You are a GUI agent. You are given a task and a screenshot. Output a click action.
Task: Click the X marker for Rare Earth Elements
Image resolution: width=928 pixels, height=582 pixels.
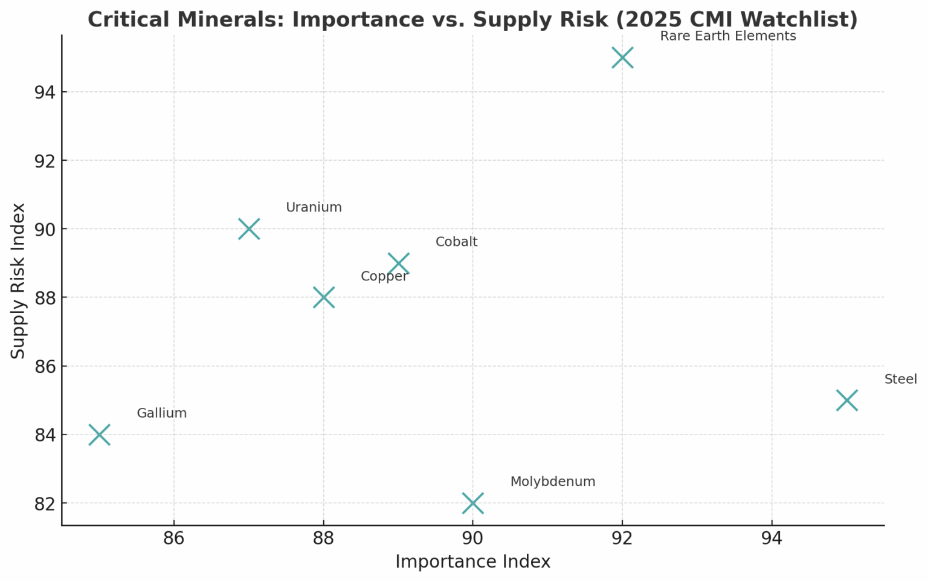coord(622,58)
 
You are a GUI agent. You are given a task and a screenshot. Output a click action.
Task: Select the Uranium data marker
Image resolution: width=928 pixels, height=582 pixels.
coord(249,229)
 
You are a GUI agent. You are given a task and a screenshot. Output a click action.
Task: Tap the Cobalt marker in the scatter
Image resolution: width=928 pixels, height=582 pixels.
coord(399,264)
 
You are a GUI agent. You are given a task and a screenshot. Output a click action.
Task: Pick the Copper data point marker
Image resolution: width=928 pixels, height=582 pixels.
coord(324,297)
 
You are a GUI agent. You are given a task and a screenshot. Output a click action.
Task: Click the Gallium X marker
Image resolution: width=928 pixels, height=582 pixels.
coord(99,435)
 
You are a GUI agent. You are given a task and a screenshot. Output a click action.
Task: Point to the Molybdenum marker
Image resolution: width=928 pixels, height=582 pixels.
coord(472,503)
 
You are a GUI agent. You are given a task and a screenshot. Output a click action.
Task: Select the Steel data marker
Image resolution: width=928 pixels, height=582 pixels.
coord(847,400)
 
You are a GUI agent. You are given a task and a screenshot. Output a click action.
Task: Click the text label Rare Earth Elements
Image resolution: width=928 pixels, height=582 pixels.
coord(727,36)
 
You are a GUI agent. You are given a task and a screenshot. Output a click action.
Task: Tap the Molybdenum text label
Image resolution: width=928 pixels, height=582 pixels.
coord(552,482)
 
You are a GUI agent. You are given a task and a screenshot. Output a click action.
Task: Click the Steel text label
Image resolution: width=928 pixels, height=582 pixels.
coord(900,380)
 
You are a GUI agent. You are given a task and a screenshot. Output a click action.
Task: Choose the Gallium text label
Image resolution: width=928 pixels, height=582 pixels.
coord(161,413)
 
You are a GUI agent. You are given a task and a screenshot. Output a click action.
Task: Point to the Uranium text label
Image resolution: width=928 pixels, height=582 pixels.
coord(314,208)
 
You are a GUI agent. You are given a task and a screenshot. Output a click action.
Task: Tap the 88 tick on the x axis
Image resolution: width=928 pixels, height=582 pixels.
coord(324,538)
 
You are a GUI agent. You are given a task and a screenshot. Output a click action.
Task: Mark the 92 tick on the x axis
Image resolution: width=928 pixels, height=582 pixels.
coord(622,538)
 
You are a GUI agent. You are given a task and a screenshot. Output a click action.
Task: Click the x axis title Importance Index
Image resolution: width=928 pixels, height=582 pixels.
coord(472,562)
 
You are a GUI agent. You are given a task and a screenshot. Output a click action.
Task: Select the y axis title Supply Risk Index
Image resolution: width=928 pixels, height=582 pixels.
coord(18,280)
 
